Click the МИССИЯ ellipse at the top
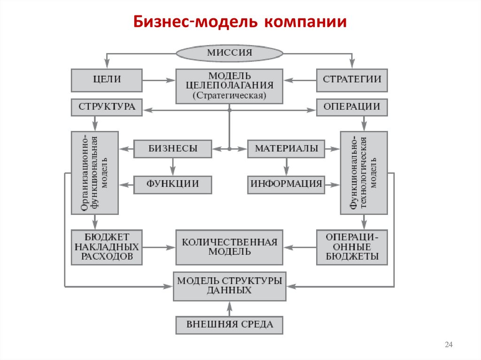(229, 53)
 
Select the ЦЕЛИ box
(107, 80)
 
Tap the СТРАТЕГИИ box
(352, 80)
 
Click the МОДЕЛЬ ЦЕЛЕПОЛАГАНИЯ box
(229, 86)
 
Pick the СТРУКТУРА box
(107, 107)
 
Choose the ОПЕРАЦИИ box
(352, 107)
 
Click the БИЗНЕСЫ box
(173, 149)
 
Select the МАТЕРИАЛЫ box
(286, 149)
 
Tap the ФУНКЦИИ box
(173, 184)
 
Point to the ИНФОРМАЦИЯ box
(286, 184)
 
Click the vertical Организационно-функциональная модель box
(95, 173)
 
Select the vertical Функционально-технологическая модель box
(364, 173)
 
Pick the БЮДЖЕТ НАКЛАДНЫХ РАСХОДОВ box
(107, 247)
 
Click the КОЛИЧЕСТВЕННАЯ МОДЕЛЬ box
(229, 247)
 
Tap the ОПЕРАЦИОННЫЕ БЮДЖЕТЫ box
(352, 247)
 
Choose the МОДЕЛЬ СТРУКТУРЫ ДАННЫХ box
(229, 286)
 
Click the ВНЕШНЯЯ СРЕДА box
(229, 324)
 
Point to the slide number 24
(448, 345)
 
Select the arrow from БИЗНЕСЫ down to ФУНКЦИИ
(173, 167)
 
